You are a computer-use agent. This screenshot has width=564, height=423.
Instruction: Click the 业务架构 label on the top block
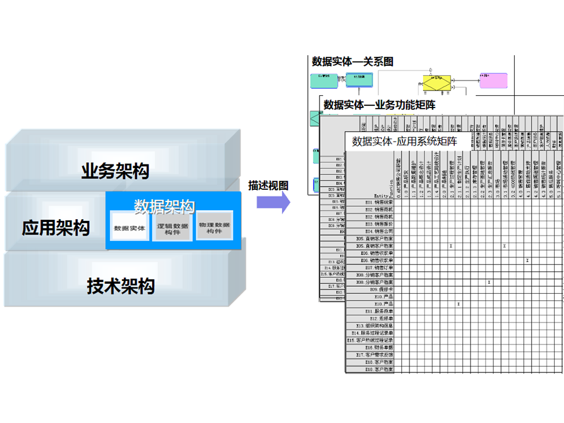coord(115,172)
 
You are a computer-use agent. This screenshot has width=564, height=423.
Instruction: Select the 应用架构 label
coord(56,227)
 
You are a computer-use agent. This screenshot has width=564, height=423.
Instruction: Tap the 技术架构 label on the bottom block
coord(121,286)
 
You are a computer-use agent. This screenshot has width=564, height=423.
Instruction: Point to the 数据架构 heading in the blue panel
coord(164,206)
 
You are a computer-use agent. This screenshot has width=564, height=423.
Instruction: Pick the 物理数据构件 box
coord(214,227)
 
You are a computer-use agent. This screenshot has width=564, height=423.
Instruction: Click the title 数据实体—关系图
coord(353,61)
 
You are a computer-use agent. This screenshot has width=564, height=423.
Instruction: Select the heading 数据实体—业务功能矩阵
coord(380,105)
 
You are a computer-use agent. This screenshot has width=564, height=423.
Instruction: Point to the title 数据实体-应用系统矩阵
coord(404,141)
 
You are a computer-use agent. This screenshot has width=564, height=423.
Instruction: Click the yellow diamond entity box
coord(437,82)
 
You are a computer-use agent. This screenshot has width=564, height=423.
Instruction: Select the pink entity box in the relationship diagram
coord(493,81)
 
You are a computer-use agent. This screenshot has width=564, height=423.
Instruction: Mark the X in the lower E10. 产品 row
coord(458,304)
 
